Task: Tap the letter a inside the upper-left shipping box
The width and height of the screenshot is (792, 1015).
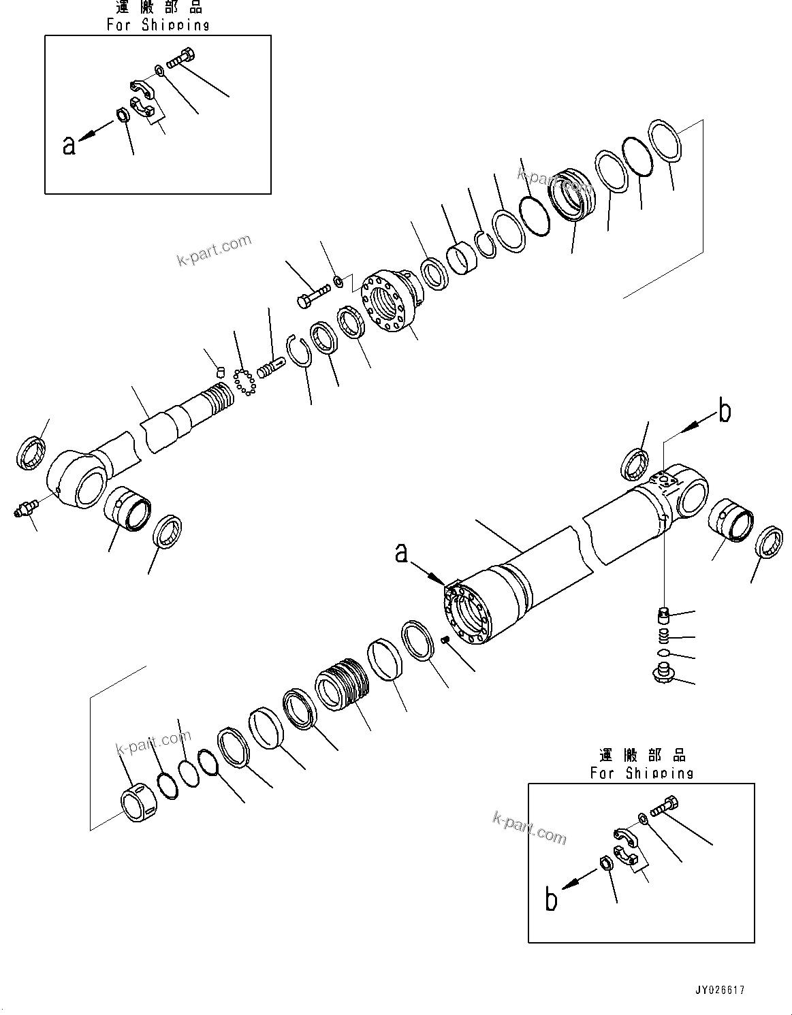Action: click(x=69, y=144)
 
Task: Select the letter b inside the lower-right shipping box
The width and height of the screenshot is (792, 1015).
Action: click(x=552, y=899)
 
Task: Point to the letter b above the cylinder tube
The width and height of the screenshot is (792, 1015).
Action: click(x=725, y=412)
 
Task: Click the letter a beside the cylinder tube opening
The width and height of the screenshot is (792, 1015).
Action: click(x=402, y=553)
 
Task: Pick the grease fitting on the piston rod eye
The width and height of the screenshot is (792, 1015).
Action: click(x=24, y=509)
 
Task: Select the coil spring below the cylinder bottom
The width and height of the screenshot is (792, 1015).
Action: click(x=664, y=637)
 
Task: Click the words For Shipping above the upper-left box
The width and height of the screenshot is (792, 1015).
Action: click(x=157, y=25)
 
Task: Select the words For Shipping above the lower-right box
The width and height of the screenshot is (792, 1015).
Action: click(x=641, y=773)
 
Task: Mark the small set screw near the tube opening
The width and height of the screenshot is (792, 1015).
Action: click(x=446, y=639)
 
